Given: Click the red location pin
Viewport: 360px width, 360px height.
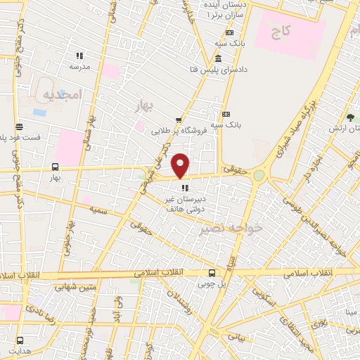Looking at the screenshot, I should tap(181, 165).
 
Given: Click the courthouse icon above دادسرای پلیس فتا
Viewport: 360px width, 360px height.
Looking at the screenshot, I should tap(219, 58).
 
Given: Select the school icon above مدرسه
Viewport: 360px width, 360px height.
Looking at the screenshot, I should tap(79, 56).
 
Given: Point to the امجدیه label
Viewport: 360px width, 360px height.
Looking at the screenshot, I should tap(62, 94).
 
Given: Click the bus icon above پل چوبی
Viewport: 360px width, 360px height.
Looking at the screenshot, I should tap(212, 274).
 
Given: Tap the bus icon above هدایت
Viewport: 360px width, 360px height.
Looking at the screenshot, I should tap(17, 341).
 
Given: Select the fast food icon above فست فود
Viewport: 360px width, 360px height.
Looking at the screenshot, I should tap(18, 127).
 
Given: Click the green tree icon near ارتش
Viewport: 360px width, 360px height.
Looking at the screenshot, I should tap(350, 118).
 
